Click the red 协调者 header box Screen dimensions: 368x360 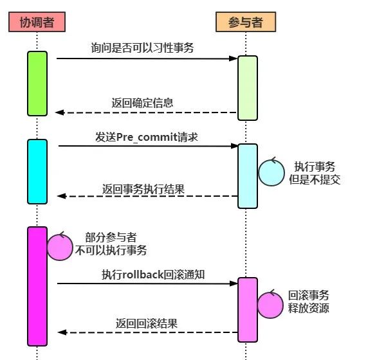[37, 22]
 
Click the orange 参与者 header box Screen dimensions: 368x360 [246, 22]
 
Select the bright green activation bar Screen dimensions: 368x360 [37, 84]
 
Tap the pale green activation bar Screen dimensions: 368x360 [248, 88]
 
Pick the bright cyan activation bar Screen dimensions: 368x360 [37, 172]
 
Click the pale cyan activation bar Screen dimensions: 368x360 [248, 176]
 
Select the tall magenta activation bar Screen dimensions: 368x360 [37, 286]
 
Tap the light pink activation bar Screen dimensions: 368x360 [248, 310]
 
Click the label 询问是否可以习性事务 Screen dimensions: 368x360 [142, 48]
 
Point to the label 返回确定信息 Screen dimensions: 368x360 [142, 103]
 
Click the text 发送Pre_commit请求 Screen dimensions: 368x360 [147, 137]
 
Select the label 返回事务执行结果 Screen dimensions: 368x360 [143, 189]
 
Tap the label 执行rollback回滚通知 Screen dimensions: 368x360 [153, 274]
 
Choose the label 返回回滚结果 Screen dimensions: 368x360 [147, 323]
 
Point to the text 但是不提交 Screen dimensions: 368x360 [315, 179]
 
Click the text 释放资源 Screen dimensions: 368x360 [309, 308]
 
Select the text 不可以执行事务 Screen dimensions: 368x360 [111, 250]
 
